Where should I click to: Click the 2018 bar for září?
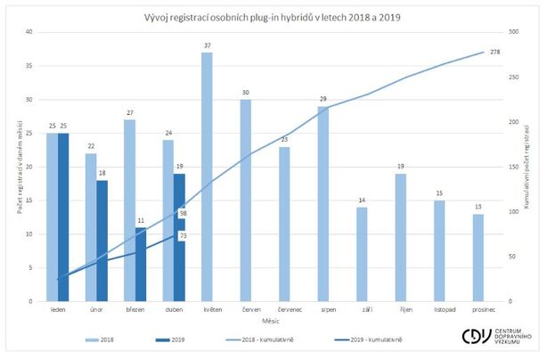(361, 254)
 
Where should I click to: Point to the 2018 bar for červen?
(245, 200)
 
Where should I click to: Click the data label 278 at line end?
(495, 52)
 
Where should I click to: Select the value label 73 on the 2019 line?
(182, 235)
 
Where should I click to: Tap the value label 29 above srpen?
(322, 99)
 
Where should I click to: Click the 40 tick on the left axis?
(29, 32)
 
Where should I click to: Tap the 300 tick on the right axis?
(515, 32)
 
